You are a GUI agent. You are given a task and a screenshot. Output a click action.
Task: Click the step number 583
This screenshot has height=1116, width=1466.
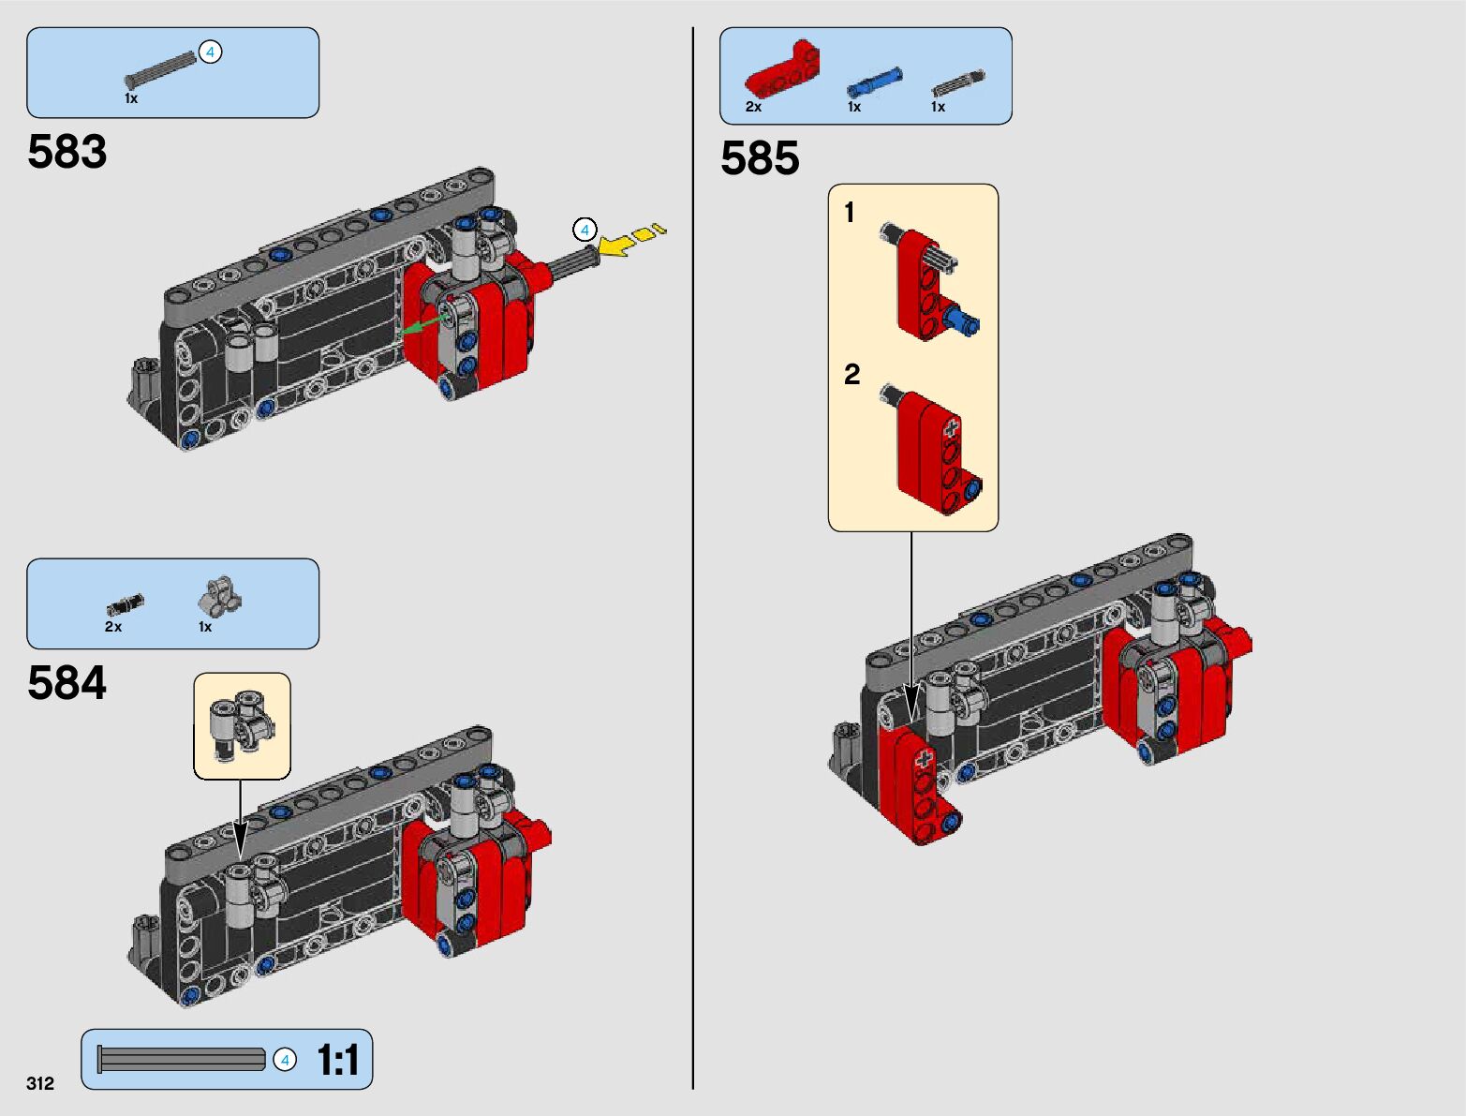pyautogui.click(x=67, y=152)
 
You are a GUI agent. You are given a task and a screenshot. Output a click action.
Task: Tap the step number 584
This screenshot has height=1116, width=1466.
pyautogui.click(x=67, y=682)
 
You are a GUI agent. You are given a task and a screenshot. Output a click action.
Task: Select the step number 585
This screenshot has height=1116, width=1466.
pyautogui.click(x=760, y=158)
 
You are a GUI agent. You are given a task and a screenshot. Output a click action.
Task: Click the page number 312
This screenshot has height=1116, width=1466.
pyautogui.click(x=40, y=1082)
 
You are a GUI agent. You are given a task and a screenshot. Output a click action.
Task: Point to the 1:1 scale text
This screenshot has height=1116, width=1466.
pyautogui.click(x=337, y=1059)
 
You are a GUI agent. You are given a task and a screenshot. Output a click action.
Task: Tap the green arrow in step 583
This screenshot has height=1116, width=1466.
pyautogui.click(x=421, y=325)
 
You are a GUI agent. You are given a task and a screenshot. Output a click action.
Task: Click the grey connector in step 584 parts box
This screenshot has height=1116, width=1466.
pyautogui.click(x=220, y=596)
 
